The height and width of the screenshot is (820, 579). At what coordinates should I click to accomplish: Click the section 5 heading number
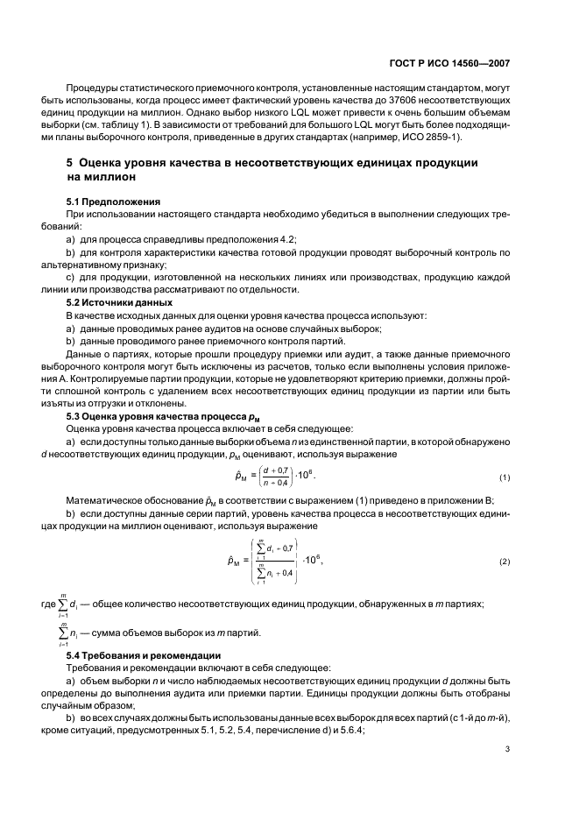[70, 163]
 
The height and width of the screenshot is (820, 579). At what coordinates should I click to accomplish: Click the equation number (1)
[505, 478]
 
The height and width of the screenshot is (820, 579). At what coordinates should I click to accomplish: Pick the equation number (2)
[505, 561]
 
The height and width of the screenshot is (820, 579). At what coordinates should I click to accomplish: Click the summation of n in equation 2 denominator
[273, 572]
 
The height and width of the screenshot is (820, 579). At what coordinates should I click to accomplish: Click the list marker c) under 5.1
[70, 277]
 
